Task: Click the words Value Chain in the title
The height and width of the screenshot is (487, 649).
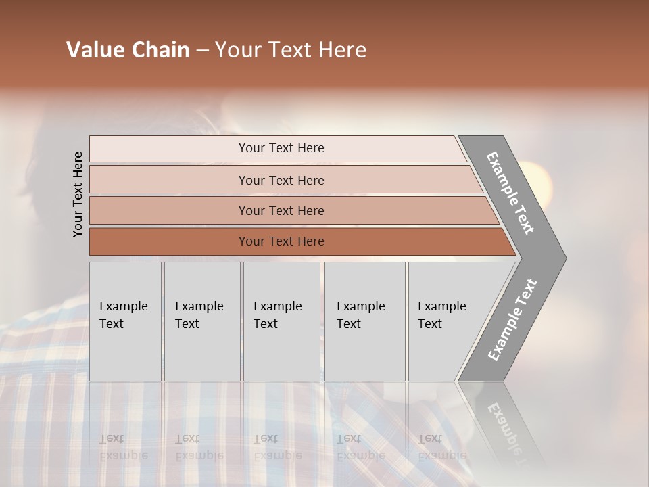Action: point(128,50)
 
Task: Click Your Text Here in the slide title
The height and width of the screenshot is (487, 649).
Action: point(291,50)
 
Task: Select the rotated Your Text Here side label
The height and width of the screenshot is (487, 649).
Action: point(78,194)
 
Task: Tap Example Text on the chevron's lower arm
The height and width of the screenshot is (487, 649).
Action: point(512,320)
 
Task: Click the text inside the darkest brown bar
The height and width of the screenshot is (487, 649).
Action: point(281,241)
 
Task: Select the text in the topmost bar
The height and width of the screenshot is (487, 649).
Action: point(281,148)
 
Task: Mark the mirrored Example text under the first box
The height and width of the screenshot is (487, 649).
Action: point(123,455)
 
